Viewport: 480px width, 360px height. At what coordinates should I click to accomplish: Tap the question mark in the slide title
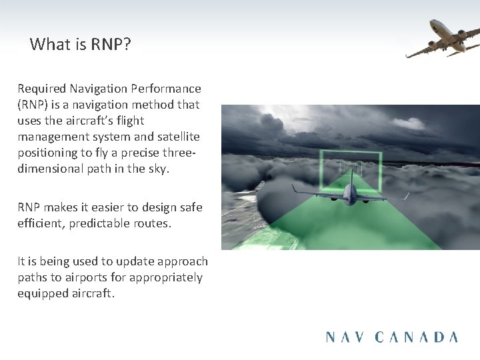pos(127,45)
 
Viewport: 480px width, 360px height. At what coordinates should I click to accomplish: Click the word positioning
pos(48,153)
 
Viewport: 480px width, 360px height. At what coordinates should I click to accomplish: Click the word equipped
pos(42,293)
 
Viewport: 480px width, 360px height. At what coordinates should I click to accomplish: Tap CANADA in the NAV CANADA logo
pos(417,337)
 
